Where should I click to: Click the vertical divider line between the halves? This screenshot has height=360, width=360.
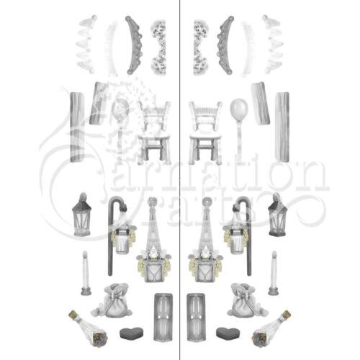click(x=180, y=180)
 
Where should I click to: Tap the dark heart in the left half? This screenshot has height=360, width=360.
click(x=132, y=333)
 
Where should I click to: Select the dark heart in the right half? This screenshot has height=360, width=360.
click(x=228, y=333)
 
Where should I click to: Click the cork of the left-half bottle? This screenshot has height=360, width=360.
click(x=73, y=314)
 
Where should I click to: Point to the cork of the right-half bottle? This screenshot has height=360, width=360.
click(x=287, y=314)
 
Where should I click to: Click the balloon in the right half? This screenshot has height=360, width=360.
click(x=239, y=108)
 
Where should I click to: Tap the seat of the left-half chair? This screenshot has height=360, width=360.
click(x=154, y=138)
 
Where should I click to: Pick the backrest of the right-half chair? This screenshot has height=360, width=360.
click(x=205, y=116)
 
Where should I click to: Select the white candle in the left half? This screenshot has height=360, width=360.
click(x=86, y=273)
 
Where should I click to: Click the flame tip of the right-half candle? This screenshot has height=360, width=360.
click(x=274, y=252)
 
